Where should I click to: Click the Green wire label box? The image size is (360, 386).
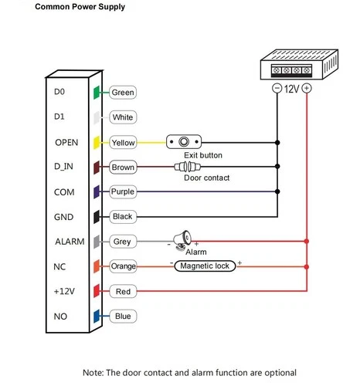click(x=123, y=93)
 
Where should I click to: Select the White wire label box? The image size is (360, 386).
click(x=123, y=117)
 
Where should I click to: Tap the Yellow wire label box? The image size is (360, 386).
click(x=123, y=143)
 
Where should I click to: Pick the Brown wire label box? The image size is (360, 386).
click(x=123, y=167)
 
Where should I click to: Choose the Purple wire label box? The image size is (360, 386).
click(x=123, y=191)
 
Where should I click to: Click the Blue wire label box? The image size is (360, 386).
click(x=123, y=316)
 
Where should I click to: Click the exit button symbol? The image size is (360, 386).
click(x=184, y=143)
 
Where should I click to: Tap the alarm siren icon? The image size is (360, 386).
click(x=179, y=240)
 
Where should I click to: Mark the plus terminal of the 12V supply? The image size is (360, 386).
click(x=307, y=89)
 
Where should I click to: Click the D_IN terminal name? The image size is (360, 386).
click(x=63, y=167)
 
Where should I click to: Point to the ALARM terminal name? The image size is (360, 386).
click(x=69, y=242)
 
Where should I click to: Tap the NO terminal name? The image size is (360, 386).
click(x=60, y=316)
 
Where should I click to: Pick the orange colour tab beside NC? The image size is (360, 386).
click(x=97, y=266)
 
